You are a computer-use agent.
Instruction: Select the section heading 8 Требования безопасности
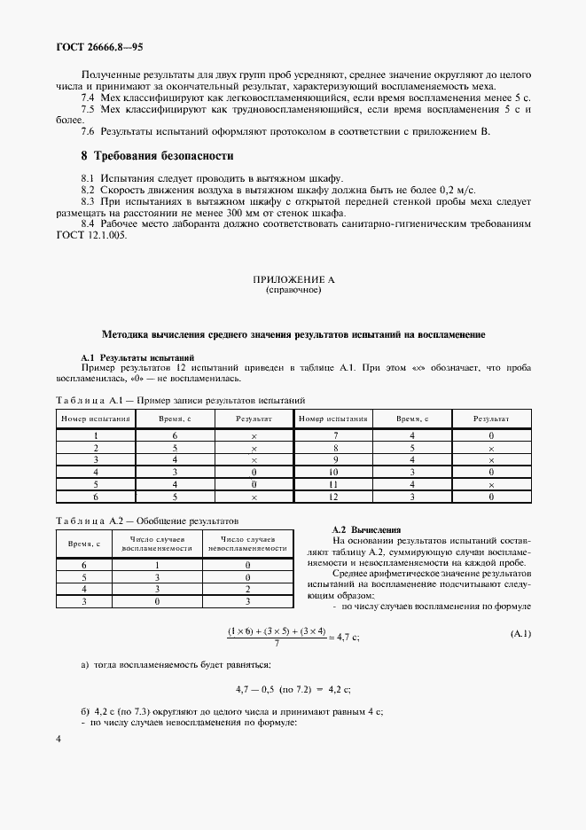click(156, 156)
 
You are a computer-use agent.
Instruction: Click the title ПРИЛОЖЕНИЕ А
click(293, 279)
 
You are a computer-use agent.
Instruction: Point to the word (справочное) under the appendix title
click(293, 290)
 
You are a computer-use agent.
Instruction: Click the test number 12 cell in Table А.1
click(334, 497)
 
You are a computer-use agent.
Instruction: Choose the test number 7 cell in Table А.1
click(334, 435)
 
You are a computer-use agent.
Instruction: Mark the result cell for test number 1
click(254, 435)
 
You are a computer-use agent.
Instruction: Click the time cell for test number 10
click(412, 473)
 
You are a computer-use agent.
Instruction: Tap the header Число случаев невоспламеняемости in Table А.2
click(254, 543)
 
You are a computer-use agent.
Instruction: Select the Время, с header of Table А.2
click(85, 543)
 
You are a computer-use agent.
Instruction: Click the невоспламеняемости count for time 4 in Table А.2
click(248, 588)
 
